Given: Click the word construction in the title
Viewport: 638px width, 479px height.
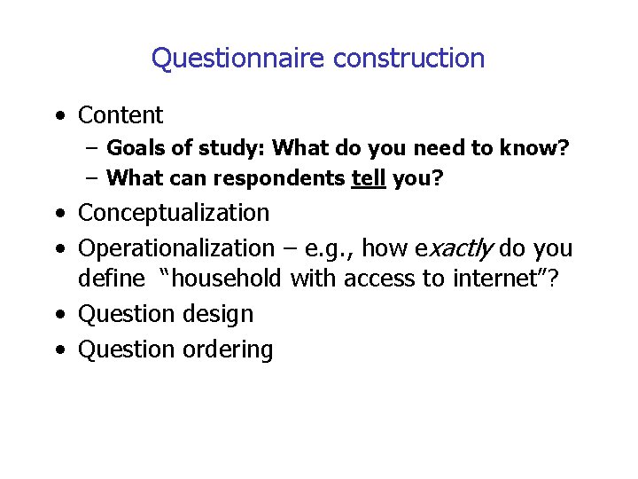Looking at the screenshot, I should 409,59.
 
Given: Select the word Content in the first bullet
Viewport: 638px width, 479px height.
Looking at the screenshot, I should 121,115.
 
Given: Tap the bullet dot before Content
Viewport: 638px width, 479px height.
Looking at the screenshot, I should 58,116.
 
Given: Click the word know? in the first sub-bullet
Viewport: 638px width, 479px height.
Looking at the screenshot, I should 536,148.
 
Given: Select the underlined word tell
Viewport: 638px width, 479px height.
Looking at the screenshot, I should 369,178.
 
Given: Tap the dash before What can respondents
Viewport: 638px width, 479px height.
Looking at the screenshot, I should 92,178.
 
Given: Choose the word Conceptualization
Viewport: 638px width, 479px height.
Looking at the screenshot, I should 174,213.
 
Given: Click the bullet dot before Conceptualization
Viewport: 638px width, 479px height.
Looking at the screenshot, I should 58,214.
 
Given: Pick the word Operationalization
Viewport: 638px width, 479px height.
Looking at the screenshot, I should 176,247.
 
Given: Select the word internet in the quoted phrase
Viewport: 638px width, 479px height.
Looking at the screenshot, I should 499,279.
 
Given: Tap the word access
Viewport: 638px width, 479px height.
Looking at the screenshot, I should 381,279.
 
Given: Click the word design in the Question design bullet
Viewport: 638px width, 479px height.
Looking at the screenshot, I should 225,314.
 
